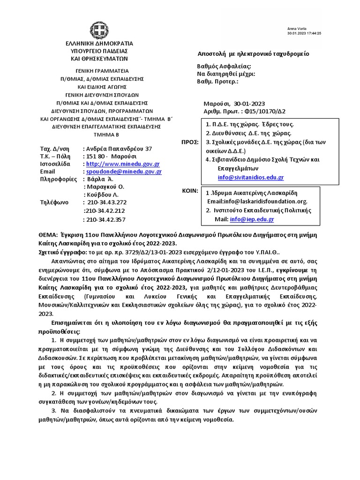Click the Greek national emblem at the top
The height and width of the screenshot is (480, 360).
coord(99,31)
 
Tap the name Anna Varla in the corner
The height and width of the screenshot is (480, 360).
coord(295,29)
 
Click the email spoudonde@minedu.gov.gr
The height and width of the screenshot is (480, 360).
coord(122,172)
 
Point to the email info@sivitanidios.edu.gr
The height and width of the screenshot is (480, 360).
coord(251,178)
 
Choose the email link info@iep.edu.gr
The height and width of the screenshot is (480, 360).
coord(252,219)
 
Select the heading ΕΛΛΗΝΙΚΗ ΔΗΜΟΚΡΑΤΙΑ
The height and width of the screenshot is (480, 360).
coord(99,44)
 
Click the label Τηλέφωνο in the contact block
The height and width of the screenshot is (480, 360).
coord(55,202)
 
